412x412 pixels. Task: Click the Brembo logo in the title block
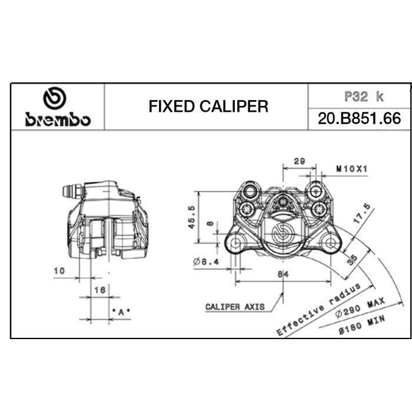pos(58,108)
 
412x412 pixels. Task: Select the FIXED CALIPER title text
pos(208,107)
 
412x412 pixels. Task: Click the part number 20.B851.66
pos(359,118)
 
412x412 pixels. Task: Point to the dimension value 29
pos(299,161)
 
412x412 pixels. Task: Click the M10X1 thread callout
pos(351,169)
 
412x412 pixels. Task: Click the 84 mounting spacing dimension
pos(284,273)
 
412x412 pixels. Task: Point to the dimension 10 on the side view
pos(58,271)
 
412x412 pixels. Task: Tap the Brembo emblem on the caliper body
pos(284,230)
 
